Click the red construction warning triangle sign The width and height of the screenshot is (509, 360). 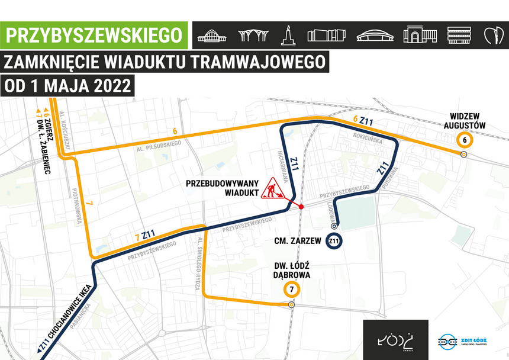coord(273,188)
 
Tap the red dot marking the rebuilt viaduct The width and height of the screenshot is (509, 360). coord(301,207)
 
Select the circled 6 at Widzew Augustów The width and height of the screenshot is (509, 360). coord(465,140)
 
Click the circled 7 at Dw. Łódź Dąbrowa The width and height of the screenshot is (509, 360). coord(292,290)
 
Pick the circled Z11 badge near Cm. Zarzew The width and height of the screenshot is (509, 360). coord(334,241)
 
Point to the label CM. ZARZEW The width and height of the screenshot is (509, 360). coord(298,241)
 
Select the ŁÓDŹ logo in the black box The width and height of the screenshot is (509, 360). coord(395,340)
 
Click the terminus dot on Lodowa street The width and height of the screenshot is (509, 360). coord(334,226)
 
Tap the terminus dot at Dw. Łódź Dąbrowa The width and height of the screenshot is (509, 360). coord(291,304)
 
